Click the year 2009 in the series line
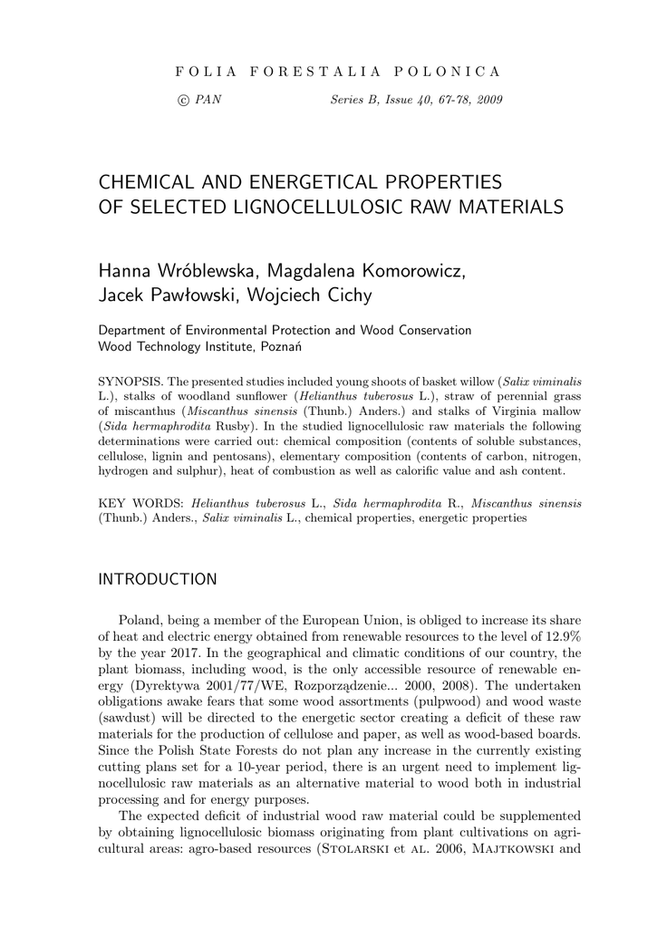488,99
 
